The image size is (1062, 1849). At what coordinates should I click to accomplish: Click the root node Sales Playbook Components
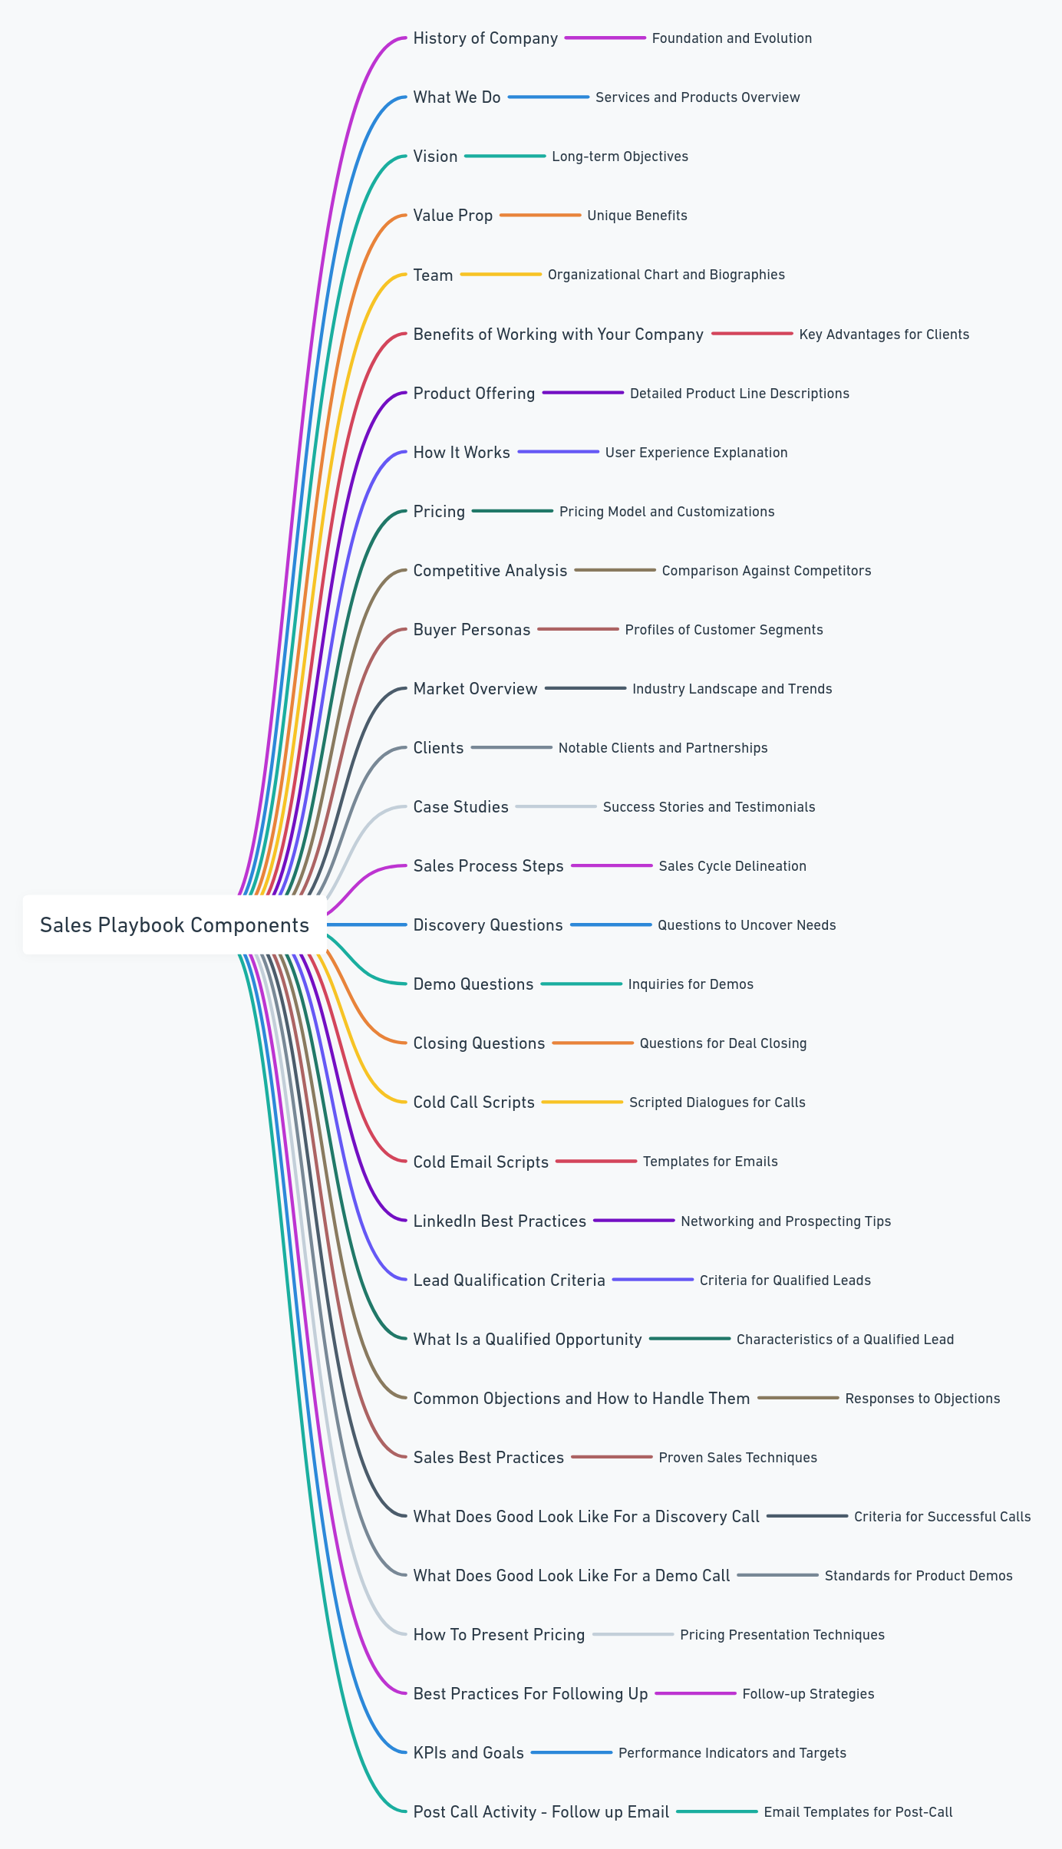(175, 925)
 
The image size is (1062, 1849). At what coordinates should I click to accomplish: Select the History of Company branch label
(485, 38)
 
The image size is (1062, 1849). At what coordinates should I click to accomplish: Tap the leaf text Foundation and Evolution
(731, 38)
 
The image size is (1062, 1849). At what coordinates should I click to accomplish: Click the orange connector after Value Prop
(540, 216)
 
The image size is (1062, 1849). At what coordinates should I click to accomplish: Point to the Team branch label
(433, 275)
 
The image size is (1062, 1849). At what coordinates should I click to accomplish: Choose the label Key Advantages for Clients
(883, 335)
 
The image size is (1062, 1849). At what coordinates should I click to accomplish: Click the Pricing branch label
(439, 512)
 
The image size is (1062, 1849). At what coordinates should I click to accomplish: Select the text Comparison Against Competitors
(766, 571)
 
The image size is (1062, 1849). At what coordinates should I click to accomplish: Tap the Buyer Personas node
(471, 630)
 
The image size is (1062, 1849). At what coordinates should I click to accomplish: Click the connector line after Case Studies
(556, 807)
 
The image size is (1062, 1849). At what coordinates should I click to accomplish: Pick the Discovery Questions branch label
(487, 925)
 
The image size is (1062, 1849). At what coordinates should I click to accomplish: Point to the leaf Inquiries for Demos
(690, 984)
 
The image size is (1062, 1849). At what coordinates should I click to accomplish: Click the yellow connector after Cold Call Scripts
(582, 1102)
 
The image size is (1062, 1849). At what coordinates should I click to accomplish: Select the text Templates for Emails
(710, 1162)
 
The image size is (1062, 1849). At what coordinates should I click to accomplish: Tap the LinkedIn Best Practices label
(499, 1221)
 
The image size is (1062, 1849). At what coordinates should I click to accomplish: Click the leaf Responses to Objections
(922, 1399)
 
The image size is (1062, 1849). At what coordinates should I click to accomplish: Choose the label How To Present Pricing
(499, 1635)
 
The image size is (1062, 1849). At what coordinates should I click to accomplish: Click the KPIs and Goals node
(468, 1753)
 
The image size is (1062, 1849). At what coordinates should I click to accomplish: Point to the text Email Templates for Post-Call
(857, 1812)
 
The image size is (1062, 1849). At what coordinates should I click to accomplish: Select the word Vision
(435, 157)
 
